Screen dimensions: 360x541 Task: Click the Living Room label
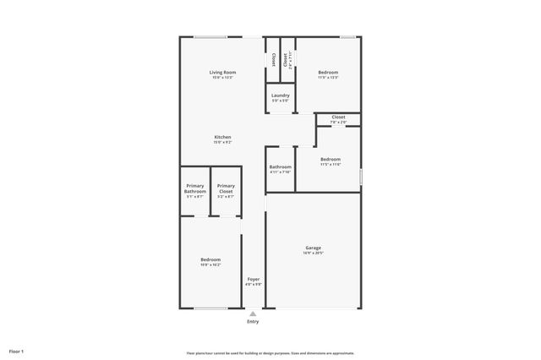[222, 73]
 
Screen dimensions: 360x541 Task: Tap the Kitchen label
[222, 137]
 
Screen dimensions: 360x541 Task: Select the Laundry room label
[281, 95]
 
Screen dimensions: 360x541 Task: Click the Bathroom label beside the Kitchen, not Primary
[281, 166]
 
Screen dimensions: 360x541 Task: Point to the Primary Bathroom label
[195, 188]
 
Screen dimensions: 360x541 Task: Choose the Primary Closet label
[226, 188]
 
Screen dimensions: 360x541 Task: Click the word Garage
[313, 248]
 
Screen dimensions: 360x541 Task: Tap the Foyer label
[254, 279]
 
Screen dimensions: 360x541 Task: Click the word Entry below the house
[253, 322]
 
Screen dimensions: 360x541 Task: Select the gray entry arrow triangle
[253, 314]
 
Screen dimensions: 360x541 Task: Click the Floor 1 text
[17, 351]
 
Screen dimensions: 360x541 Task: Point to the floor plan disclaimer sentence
[270, 352]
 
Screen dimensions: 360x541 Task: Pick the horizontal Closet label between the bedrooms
[338, 117]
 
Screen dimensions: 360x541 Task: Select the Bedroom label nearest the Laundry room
[328, 73]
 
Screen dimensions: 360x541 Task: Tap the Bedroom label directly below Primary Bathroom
[210, 259]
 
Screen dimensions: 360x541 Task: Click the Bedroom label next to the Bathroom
[331, 159]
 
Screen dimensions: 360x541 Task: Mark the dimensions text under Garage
[313, 253]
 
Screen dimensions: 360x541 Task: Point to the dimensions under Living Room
[222, 78]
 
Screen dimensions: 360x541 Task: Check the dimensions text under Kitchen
[222, 142]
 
